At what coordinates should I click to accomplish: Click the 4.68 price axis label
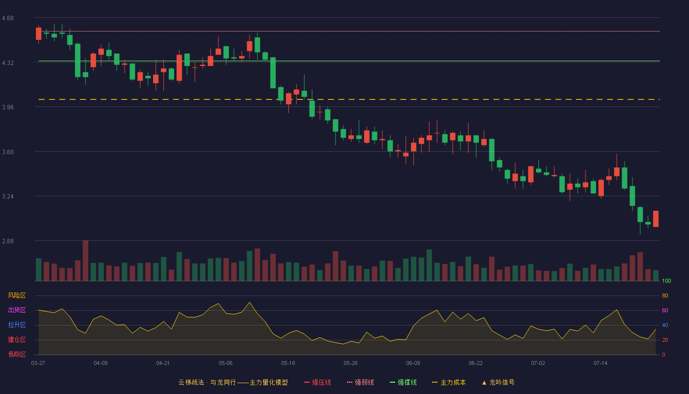(8, 18)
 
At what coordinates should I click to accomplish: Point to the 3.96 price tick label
(8, 107)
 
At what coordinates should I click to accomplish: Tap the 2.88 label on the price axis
(8, 241)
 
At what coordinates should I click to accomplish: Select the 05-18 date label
(288, 363)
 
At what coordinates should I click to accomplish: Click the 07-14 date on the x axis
(600, 363)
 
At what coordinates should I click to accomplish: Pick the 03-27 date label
(38, 363)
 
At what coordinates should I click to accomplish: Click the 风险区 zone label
(17, 295)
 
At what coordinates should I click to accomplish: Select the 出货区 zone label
(17, 310)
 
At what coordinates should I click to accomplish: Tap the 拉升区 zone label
(17, 325)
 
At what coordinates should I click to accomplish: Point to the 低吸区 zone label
(17, 354)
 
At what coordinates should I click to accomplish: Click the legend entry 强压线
(317, 382)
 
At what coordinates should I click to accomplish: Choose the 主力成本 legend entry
(449, 382)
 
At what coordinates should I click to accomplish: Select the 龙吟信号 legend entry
(498, 382)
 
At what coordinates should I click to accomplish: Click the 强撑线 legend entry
(403, 382)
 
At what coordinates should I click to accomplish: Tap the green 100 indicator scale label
(666, 281)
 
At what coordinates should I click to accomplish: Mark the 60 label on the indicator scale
(665, 310)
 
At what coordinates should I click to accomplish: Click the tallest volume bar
(86, 261)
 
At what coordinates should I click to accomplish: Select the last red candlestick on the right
(656, 219)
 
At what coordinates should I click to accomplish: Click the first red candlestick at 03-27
(38, 34)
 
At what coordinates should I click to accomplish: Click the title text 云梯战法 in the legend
(191, 382)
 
